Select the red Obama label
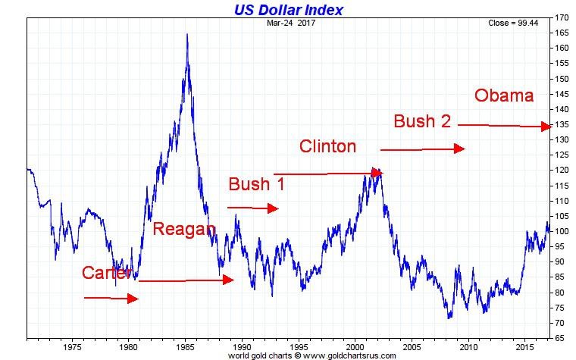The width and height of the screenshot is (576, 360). [504, 95]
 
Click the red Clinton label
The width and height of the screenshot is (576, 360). [327, 146]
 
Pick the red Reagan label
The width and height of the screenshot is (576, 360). [184, 229]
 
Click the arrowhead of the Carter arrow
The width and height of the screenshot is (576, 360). [133, 299]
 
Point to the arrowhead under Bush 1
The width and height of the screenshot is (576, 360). [274, 208]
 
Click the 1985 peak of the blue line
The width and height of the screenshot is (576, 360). [187, 35]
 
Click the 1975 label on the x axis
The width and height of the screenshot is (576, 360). [73, 347]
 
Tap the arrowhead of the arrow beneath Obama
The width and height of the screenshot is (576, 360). [546, 127]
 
